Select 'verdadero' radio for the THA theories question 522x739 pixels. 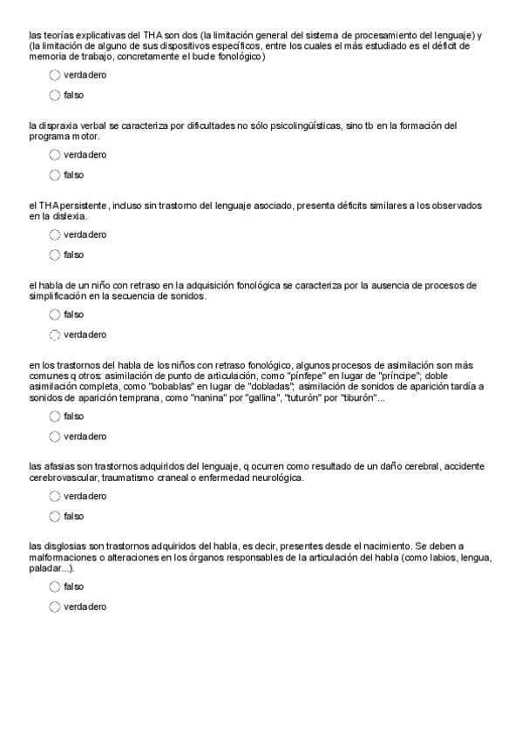click(x=55, y=75)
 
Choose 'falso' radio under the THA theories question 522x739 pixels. click(x=55, y=95)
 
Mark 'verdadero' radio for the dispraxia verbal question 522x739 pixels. click(x=55, y=155)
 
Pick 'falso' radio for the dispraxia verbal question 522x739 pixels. click(x=55, y=175)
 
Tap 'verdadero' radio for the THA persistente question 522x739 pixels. click(x=55, y=234)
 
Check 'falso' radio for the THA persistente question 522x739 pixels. click(x=55, y=254)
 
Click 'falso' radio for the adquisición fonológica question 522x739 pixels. click(x=55, y=315)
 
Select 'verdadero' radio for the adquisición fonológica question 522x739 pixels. click(x=55, y=335)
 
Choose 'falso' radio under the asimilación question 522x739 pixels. click(x=55, y=416)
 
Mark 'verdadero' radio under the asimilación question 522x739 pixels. click(x=55, y=436)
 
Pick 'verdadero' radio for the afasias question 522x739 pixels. click(x=55, y=496)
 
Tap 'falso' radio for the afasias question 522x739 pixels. click(x=55, y=517)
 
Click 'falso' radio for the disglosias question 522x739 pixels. click(x=55, y=586)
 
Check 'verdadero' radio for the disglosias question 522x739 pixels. click(x=55, y=607)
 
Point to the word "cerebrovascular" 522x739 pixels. click(x=64, y=478)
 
